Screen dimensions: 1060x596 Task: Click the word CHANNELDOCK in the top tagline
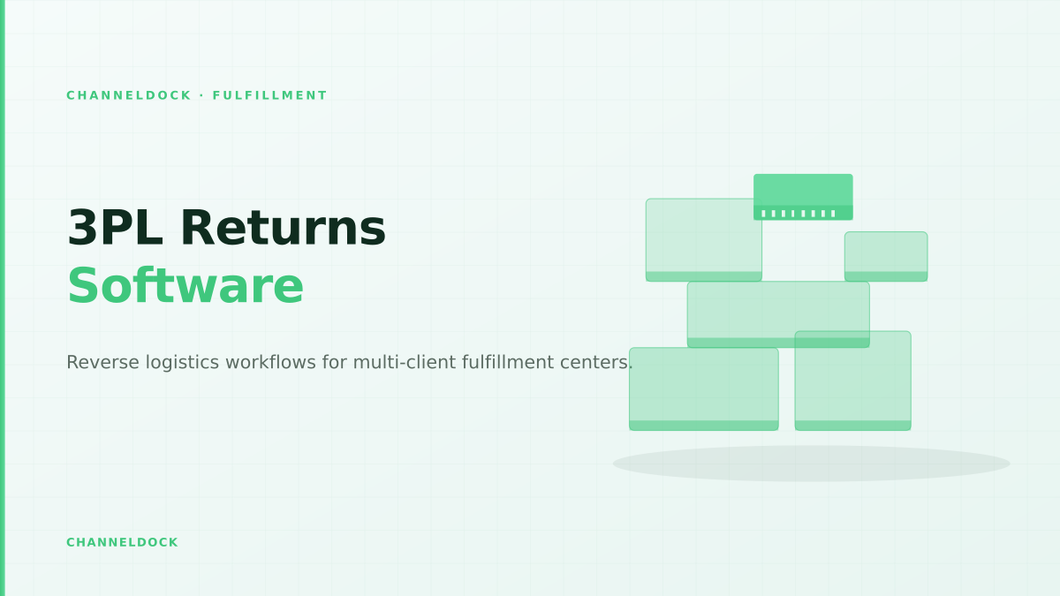click(x=129, y=95)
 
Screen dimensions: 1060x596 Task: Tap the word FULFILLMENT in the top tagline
click(x=269, y=95)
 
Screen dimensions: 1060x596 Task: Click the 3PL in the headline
click(x=115, y=228)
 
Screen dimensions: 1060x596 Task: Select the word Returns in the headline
click(x=283, y=228)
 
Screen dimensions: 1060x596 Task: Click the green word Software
click(x=185, y=286)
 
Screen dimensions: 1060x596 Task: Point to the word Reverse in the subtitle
click(x=102, y=362)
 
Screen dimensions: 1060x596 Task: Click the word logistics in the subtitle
click(x=182, y=363)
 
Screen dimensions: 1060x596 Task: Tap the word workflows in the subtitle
click(x=270, y=362)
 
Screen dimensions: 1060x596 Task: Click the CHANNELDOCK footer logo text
click(x=122, y=542)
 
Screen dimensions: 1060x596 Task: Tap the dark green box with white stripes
click(x=803, y=197)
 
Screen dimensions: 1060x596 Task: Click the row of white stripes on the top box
click(x=799, y=214)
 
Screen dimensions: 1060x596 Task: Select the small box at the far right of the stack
click(x=886, y=256)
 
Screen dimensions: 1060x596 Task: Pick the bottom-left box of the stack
click(x=704, y=389)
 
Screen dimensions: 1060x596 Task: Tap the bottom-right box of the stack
click(x=852, y=381)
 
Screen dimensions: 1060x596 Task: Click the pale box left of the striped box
click(x=704, y=240)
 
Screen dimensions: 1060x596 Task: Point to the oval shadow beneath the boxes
click(x=811, y=464)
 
